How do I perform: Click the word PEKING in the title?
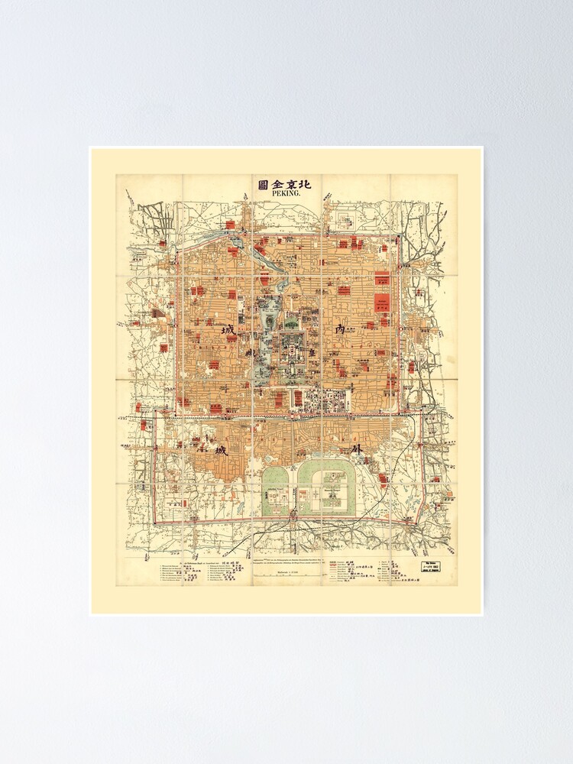click(286, 194)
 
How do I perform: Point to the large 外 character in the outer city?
click(355, 450)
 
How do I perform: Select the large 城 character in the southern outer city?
click(221, 450)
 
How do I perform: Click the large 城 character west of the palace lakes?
click(228, 331)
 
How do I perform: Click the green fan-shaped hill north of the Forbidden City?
click(292, 323)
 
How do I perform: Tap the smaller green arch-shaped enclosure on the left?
click(277, 488)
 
